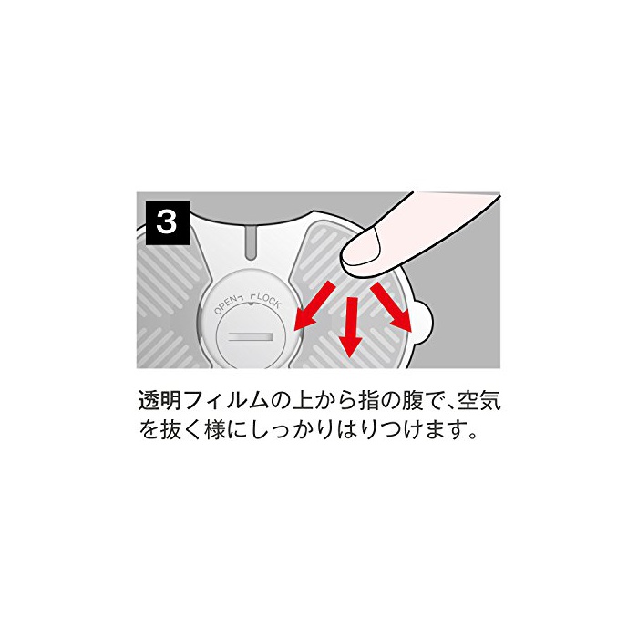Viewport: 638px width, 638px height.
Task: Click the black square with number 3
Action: tap(168, 223)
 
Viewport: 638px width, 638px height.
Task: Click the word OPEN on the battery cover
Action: tap(224, 305)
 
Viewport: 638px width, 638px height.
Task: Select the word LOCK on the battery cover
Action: tap(268, 302)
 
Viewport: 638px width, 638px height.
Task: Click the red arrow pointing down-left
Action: tap(314, 306)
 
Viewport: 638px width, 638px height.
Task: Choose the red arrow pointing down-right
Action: tap(391, 307)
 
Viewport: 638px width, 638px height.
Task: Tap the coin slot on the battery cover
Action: tap(251, 337)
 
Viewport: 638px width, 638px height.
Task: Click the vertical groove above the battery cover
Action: tap(251, 243)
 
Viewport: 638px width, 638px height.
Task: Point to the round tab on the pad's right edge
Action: tap(422, 323)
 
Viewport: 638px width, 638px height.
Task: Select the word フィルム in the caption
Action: tap(226, 401)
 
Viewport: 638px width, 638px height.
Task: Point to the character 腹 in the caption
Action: tap(412, 401)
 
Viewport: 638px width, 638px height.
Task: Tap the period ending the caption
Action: tap(472, 436)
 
